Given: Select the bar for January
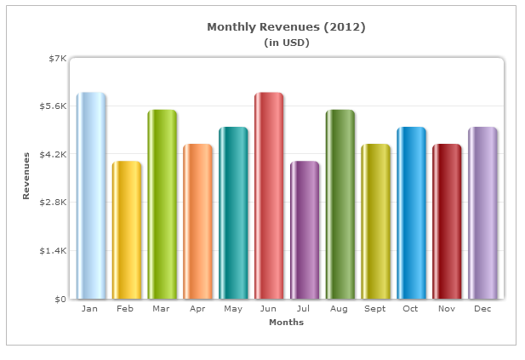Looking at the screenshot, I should (90, 196).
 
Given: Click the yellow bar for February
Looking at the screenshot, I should (126, 230).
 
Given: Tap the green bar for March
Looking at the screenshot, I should (162, 204).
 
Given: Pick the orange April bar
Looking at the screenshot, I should (197, 221).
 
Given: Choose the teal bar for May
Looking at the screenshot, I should (233, 213).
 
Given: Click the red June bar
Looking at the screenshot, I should (269, 196).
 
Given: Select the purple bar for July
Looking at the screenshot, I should (305, 230).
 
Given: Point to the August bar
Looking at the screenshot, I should (340, 204).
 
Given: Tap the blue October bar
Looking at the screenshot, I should (411, 213).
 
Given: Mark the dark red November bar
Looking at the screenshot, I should (447, 221).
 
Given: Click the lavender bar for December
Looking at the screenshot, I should (482, 213).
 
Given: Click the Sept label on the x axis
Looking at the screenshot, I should (375, 309).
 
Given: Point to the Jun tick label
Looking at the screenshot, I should (269, 309).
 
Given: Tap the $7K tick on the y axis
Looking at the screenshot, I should (57, 58).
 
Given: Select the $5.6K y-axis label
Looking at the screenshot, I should (52, 106).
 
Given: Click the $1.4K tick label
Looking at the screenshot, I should (52, 251).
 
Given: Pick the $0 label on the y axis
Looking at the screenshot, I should (60, 300).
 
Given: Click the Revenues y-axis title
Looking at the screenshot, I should (26, 176).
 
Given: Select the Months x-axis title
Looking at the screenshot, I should (286, 323).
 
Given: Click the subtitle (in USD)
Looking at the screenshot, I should (286, 42).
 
